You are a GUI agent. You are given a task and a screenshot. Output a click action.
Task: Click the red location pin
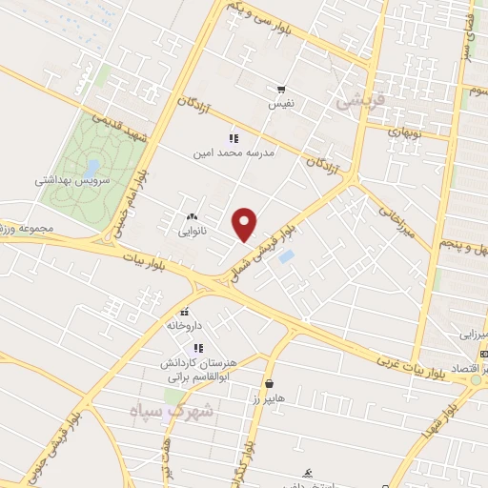(x=246, y=224)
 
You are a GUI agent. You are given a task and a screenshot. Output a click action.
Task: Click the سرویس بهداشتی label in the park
(x=74, y=179)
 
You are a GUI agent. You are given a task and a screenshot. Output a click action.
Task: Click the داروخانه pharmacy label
(x=186, y=325)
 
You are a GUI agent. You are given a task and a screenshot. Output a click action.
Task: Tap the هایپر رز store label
(x=270, y=397)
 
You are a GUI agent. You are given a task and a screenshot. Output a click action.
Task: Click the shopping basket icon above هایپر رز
(x=270, y=384)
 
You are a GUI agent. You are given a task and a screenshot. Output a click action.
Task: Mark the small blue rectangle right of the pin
(x=287, y=256)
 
